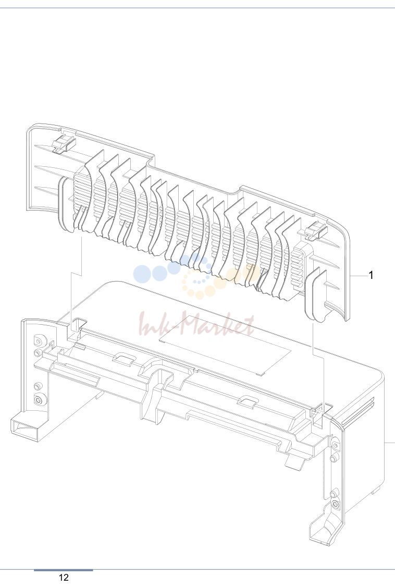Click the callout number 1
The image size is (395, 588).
tap(371, 275)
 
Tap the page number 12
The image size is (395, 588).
tap(64, 578)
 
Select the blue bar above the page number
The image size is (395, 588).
tap(64, 570)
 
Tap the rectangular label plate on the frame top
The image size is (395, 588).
tap(225, 345)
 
